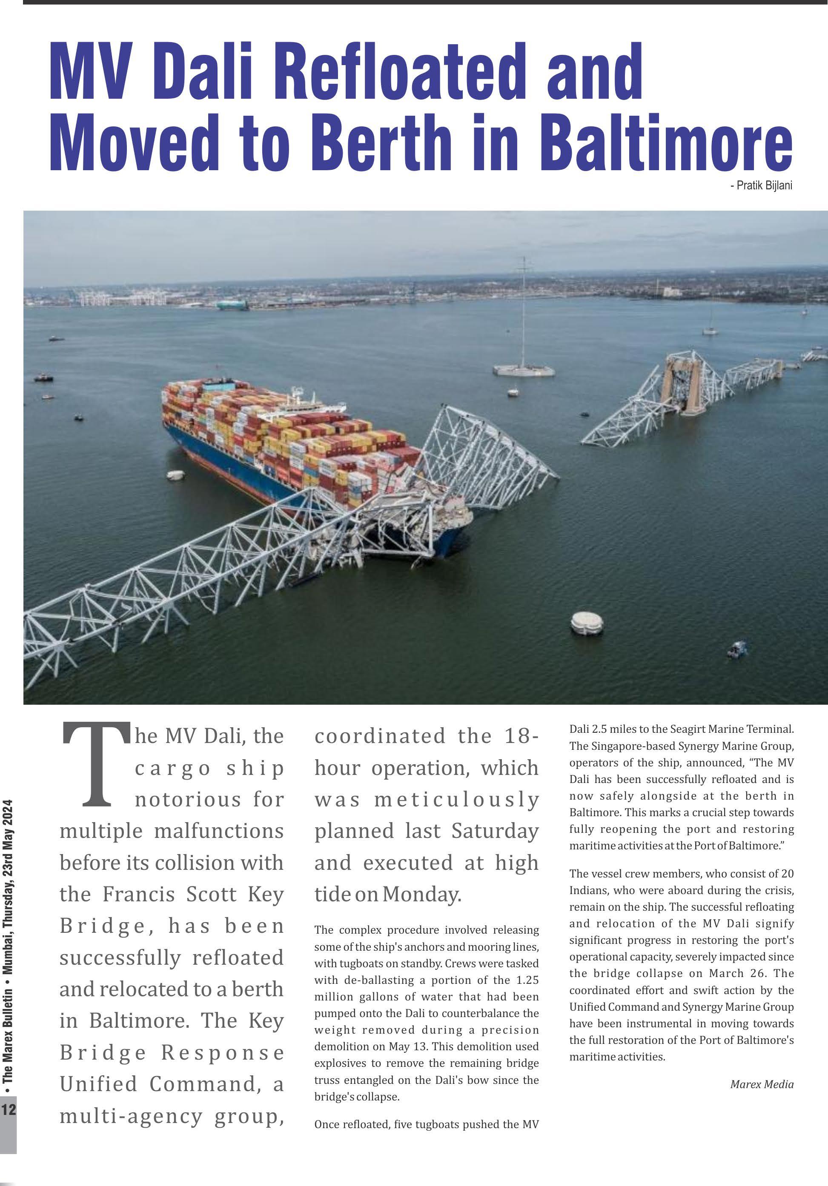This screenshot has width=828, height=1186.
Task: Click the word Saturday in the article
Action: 495,831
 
